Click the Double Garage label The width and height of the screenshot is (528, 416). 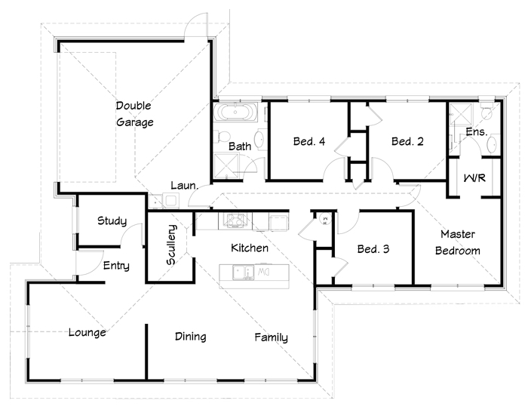coord(135,113)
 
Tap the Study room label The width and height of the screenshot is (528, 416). coord(112,221)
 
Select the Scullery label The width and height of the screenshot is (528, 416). coord(171,245)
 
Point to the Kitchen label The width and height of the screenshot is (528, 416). coord(250,248)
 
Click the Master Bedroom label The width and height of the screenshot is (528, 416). coord(458,242)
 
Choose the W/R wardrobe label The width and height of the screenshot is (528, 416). coord(474,177)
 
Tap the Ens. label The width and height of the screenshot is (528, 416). coord(477,131)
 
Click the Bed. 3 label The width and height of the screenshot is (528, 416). coord(373,249)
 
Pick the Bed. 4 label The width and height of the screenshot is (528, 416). coord(309,141)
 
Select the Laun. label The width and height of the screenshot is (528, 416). coord(184,186)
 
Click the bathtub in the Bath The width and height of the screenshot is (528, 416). coord(235,112)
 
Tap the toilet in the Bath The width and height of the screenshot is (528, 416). coord(222,137)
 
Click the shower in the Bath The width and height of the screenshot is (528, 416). coord(226,165)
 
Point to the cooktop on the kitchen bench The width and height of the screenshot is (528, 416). coord(235,220)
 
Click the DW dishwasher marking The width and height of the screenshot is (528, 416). coord(263,272)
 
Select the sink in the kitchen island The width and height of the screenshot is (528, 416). coord(243,272)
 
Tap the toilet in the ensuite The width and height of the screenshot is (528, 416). coord(487,111)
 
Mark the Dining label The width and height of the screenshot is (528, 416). coord(191,337)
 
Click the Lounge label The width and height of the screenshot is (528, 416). coord(87,333)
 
